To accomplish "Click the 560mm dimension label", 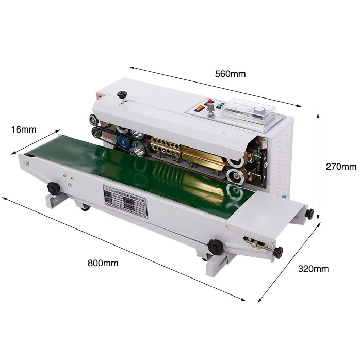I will [230, 73].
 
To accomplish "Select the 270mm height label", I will [341, 167].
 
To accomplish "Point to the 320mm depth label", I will [313, 269].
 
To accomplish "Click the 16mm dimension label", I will [23, 129].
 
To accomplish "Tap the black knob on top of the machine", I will [122, 95].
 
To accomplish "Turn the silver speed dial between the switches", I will [210, 110].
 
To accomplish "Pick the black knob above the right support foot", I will [212, 245].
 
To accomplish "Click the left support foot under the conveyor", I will [56, 199].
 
